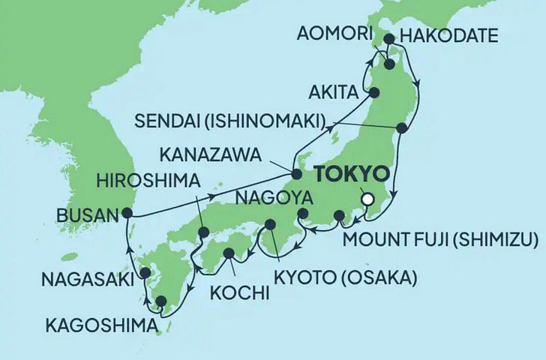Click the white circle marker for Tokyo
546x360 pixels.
click(367, 199)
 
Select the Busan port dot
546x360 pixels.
click(127, 214)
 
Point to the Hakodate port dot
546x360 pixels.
click(389, 39)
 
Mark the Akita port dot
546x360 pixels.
click(373, 93)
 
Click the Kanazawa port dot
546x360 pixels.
click(296, 174)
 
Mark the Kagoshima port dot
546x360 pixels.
click(160, 301)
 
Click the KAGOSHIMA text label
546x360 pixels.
click(103, 326)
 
